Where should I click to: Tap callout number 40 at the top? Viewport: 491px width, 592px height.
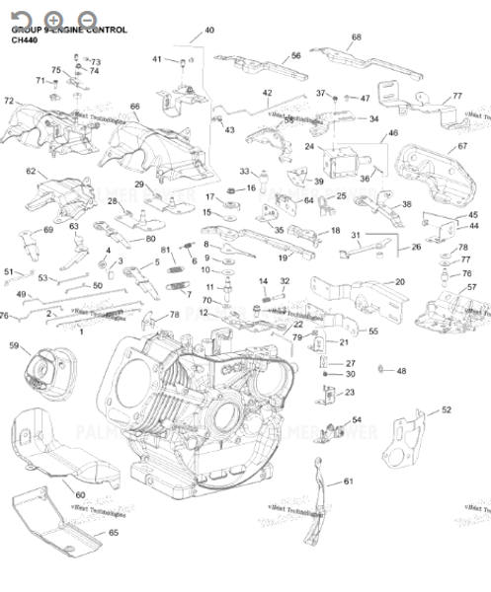point(208,32)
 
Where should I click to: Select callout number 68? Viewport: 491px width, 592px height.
point(356,37)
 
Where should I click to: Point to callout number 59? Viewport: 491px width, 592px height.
point(14,345)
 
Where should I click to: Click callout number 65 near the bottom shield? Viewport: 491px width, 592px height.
point(113,533)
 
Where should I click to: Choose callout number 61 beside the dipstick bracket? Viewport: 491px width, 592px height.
point(348,481)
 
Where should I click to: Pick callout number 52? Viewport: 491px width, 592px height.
point(446,409)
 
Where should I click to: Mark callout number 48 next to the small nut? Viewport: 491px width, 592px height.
point(400,371)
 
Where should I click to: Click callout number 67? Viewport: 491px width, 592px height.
point(461,146)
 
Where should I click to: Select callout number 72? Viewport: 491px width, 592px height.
point(9,101)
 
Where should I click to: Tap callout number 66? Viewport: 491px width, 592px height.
point(135,107)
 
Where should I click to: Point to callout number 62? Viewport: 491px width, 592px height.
point(32,171)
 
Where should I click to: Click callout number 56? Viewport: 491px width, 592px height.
point(295,56)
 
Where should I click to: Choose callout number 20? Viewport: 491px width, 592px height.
point(399,282)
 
